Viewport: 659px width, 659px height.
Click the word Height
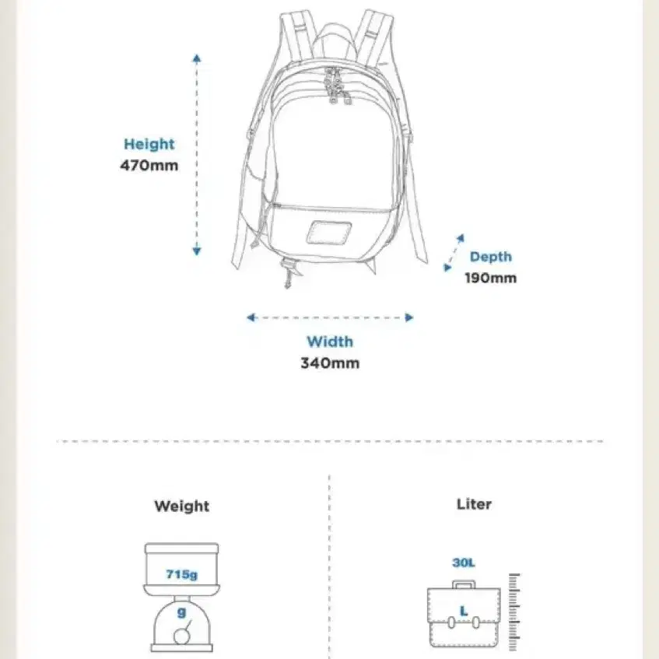[x=149, y=144]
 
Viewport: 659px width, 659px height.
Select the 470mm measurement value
[x=149, y=165]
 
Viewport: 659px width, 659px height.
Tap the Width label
[x=330, y=342]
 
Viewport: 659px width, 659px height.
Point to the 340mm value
[x=330, y=363]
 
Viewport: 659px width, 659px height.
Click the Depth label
[x=491, y=257]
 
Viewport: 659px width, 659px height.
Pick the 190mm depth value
[x=490, y=278]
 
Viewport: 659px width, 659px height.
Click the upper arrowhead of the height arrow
[x=197, y=58]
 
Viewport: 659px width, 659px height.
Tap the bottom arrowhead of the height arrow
[x=197, y=251]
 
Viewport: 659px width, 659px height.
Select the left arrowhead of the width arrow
[x=251, y=317]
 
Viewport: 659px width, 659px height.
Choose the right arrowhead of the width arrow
[x=409, y=317]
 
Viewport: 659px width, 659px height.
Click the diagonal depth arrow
[x=454, y=253]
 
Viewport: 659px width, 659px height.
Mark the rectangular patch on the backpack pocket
[x=329, y=233]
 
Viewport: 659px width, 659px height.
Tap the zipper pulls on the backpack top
[x=336, y=86]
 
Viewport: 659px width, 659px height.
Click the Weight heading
[x=181, y=506]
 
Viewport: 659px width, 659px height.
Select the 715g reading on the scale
[x=181, y=574]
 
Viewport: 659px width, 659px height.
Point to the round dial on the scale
[x=182, y=636]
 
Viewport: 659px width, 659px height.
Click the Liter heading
[x=474, y=504]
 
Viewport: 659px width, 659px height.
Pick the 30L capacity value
[x=464, y=563]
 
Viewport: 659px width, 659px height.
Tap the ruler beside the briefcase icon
[x=514, y=612]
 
